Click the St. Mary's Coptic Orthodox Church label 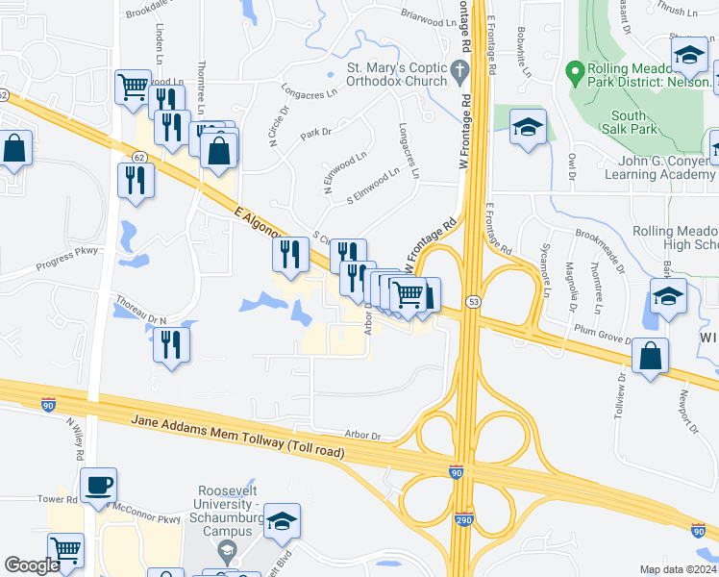tap(397, 74)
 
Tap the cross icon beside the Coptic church tap(459, 69)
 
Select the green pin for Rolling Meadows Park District tap(576, 71)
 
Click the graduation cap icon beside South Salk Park tap(528, 128)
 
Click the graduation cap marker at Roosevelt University tap(282, 522)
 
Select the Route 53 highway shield tap(473, 302)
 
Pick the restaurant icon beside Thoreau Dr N tap(171, 344)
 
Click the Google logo tap(32, 565)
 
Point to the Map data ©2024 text tap(678, 569)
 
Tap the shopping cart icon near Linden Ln tap(134, 87)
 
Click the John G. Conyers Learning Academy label tap(659, 166)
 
